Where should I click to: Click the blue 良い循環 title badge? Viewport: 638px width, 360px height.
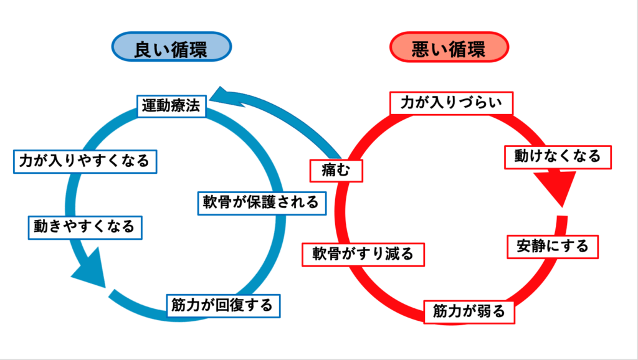[x=171, y=47]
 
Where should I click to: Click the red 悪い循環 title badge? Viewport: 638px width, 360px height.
[x=449, y=47]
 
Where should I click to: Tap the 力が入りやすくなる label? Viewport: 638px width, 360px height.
[x=84, y=161]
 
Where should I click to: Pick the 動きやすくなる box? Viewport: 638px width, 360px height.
[x=84, y=226]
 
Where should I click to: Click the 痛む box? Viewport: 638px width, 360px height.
[x=336, y=170]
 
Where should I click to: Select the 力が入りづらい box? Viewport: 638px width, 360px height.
[x=451, y=103]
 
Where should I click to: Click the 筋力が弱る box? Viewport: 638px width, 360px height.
[x=470, y=311]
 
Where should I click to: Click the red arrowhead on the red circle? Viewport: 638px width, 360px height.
[x=564, y=190]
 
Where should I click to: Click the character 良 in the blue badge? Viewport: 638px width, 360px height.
[x=145, y=47]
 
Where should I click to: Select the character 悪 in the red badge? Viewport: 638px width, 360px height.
[x=422, y=47]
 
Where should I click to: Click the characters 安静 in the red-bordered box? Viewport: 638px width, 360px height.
[x=531, y=246]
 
